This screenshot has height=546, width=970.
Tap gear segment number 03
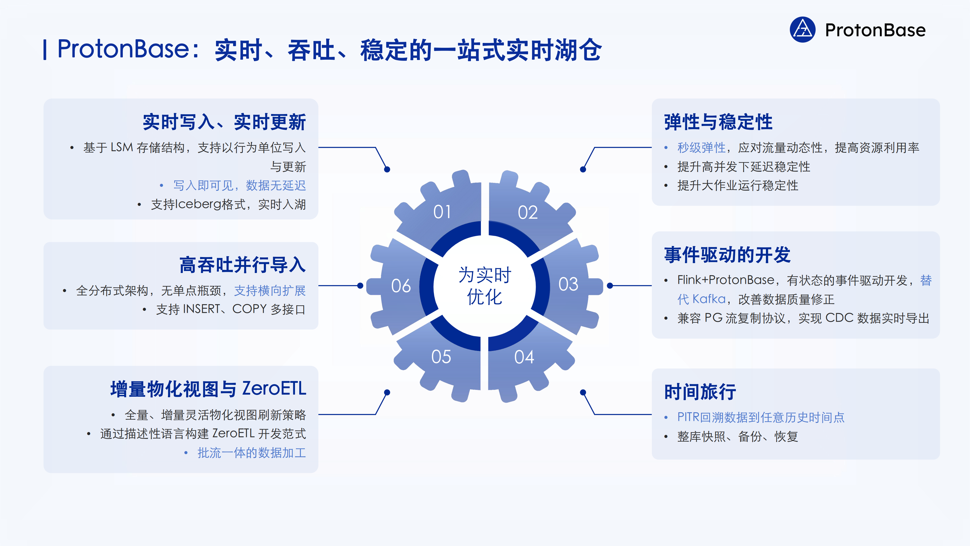[568, 284]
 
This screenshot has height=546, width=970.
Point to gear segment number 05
[441, 356]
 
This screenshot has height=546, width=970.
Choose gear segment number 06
[401, 286]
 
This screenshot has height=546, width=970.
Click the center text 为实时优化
[485, 286]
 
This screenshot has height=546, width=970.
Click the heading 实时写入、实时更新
[224, 122]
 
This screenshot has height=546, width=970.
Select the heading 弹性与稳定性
[718, 122]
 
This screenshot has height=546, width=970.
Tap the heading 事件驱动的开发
[727, 255]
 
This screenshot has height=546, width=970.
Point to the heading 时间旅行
[700, 392]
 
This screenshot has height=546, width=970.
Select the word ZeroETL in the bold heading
[274, 389]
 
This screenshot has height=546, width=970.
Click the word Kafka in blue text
[709, 299]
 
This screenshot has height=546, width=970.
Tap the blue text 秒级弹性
[701, 148]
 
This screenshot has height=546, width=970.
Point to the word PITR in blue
[688, 417]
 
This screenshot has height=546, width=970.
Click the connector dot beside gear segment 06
[360, 286]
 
